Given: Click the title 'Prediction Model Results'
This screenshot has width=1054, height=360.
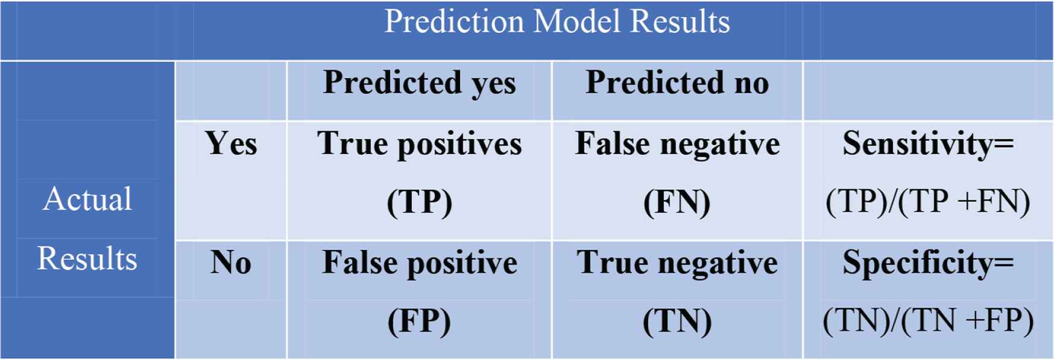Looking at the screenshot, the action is [x=557, y=22].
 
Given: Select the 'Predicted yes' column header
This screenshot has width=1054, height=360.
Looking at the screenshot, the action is [x=420, y=83].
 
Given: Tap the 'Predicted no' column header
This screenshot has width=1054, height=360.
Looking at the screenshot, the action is [x=677, y=82].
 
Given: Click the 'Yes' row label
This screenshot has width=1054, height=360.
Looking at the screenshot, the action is [x=231, y=144].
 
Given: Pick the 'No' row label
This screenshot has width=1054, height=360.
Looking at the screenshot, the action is [x=231, y=262].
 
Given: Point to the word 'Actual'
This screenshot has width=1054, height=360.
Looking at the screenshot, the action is [x=87, y=199].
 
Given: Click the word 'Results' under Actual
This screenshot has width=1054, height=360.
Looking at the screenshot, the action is [x=87, y=259].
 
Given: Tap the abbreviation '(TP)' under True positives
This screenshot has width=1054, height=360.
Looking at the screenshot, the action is [x=420, y=202].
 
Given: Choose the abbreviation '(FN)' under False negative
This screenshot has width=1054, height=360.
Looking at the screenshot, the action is [x=677, y=202].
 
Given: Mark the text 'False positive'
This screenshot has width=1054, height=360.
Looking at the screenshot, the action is [x=420, y=264].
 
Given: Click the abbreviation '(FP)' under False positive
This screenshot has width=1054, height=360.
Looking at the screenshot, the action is [x=420, y=321].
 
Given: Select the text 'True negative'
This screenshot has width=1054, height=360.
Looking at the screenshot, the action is [x=677, y=264].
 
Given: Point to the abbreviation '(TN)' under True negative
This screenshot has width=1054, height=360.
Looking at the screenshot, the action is [x=677, y=321].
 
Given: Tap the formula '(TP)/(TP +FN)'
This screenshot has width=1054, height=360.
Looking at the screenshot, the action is [x=928, y=202].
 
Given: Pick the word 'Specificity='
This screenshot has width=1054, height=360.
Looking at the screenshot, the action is [x=928, y=264].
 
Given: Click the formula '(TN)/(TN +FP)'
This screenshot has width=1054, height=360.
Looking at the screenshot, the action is [x=928, y=321].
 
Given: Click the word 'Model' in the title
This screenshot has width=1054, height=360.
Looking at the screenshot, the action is [x=577, y=22].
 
